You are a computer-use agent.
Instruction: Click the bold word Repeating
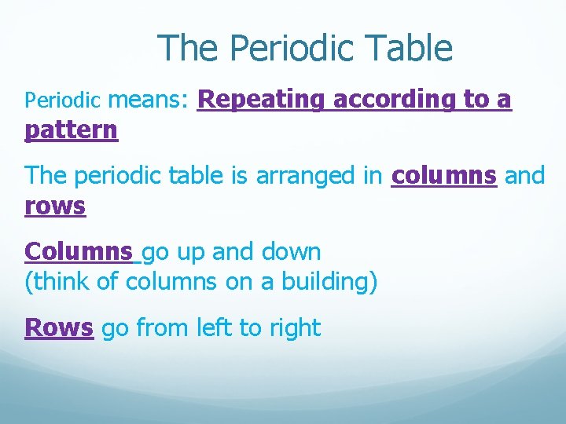point(262,100)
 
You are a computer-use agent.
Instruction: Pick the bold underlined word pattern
point(72,130)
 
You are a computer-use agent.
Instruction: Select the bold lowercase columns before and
point(444,176)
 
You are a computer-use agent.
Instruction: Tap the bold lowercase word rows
point(55,207)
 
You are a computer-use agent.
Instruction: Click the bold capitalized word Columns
point(79,252)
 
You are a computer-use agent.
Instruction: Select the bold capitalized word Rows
point(59,327)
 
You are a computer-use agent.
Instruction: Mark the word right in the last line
point(294,327)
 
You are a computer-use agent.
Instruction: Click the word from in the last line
point(160,327)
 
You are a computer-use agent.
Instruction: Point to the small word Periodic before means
point(63,101)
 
